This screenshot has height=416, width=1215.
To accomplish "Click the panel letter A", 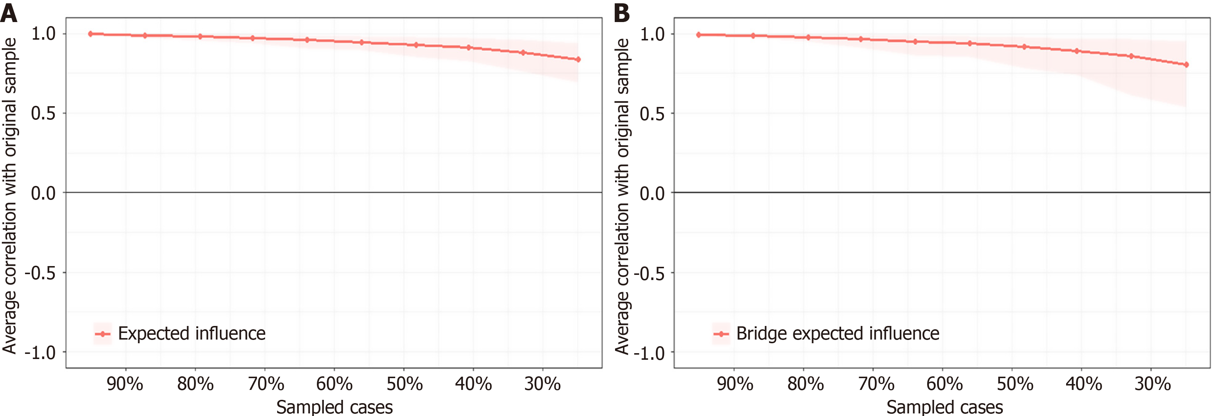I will (8, 13).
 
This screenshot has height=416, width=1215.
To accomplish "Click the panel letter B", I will (622, 13).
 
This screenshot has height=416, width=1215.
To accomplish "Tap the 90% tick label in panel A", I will (125, 384).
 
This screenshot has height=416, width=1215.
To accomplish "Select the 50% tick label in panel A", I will (404, 384).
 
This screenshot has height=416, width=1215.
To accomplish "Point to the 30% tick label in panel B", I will (1152, 384).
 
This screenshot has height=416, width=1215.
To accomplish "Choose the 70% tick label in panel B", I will (876, 384).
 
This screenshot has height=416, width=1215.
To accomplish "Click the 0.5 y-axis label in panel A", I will (43, 114).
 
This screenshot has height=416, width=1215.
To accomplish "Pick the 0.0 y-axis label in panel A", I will (43, 193).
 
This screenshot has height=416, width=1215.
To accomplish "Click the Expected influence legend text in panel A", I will (192, 333).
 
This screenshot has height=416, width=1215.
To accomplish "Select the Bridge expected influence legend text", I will (838, 333).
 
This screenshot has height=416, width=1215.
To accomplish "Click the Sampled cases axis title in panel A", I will (335, 406).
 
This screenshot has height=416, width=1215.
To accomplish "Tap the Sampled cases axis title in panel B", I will (944, 406).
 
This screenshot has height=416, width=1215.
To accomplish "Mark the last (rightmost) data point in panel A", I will (578, 60).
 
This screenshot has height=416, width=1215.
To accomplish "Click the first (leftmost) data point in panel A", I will (90, 34).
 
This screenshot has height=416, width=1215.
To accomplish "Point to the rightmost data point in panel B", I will (1186, 65).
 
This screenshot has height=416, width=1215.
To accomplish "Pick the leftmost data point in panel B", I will (698, 35).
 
